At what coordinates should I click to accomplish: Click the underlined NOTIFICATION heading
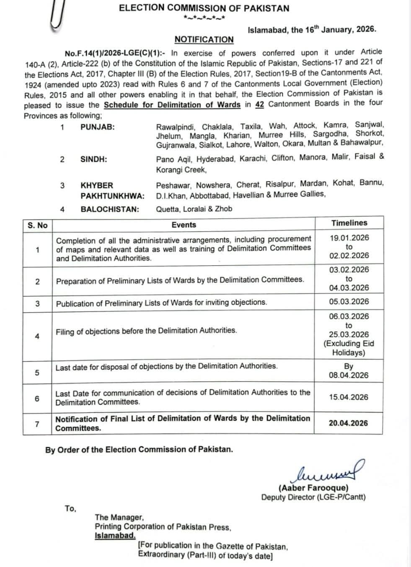click(204, 39)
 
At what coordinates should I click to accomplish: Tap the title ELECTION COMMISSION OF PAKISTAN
click(204, 8)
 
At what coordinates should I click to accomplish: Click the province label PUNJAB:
click(97, 127)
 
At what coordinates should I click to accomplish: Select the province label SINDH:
click(94, 159)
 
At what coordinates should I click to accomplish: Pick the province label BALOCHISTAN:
click(110, 209)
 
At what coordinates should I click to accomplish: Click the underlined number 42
click(259, 104)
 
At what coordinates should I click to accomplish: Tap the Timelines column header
click(349, 223)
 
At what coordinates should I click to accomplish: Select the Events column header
click(184, 225)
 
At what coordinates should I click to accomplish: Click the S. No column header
click(38, 225)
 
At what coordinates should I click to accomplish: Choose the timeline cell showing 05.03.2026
click(349, 301)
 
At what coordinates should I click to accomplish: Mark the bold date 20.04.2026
click(348, 423)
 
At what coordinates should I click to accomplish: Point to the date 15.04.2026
click(349, 397)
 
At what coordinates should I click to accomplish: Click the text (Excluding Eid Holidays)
click(349, 348)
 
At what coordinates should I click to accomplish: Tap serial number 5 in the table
click(37, 373)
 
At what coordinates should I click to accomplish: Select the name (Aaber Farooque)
click(313, 488)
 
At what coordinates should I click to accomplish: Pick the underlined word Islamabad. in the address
click(115, 536)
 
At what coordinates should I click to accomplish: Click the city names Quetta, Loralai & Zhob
click(194, 209)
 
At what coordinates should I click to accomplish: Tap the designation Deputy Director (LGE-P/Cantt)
click(313, 497)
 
